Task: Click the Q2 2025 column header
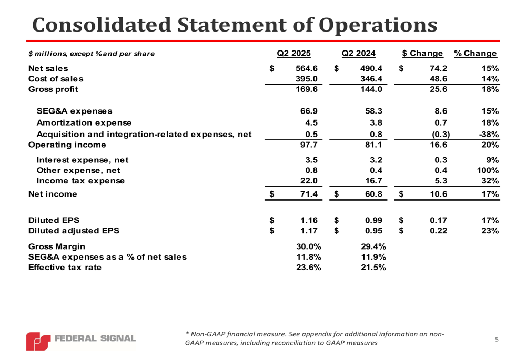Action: click(294, 53)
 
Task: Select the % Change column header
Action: click(476, 53)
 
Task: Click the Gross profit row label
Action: click(53, 89)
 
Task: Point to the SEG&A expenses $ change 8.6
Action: click(441, 111)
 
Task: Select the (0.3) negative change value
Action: click(440, 134)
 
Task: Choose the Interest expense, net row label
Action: click(83, 160)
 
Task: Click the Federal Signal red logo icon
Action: click(38, 341)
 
